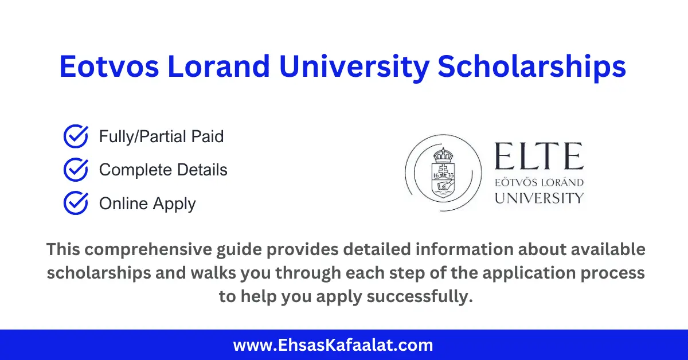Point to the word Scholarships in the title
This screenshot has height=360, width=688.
click(532, 67)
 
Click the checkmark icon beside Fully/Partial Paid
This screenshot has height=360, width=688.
click(75, 137)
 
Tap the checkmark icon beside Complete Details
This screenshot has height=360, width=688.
click(75, 170)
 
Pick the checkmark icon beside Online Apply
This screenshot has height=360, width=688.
click(75, 204)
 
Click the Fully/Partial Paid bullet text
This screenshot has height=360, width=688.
click(161, 137)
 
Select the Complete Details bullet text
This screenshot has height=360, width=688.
click(163, 170)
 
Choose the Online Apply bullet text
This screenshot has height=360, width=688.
click(147, 204)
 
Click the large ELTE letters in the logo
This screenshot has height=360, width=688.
click(538, 157)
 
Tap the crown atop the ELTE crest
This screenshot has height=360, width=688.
click(441, 155)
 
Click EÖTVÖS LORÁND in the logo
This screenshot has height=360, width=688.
click(538, 183)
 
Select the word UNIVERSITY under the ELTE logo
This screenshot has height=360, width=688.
click(538, 198)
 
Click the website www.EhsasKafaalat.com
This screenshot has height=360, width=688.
click(333, 346)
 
